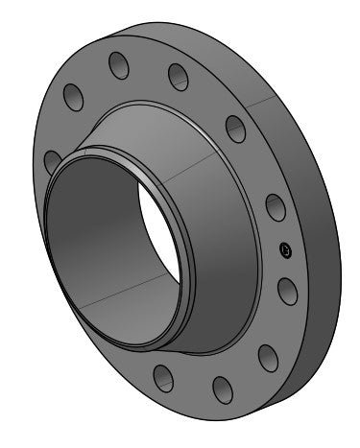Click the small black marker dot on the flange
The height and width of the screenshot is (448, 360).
pyautogui.click(x=284, y=250)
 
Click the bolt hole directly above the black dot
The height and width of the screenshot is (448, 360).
pyautogui.click(x=274, y=208)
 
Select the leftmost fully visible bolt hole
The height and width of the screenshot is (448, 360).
pyautogui.click(x=73, y=96)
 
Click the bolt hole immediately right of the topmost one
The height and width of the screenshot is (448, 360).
pyautogui.click(x=178, y=75)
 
